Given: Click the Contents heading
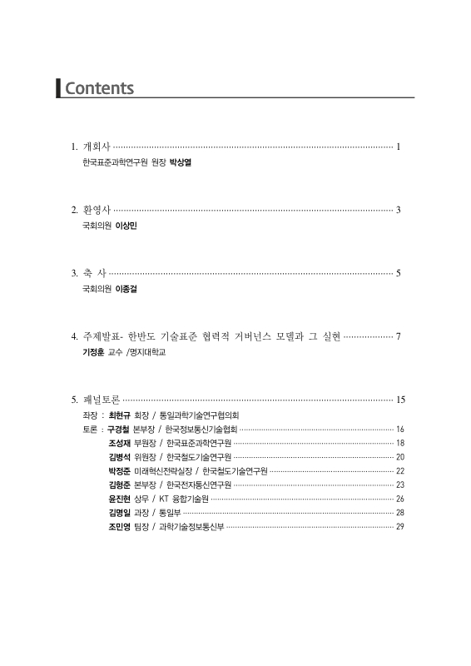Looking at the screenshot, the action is coord(99,87).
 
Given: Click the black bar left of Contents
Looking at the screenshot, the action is coord(58,87).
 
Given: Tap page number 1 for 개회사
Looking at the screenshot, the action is coord(399,147).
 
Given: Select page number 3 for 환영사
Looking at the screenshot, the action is coord(399,209).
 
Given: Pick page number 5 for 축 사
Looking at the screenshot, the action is coord(399,272).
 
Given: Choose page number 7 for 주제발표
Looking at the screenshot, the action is coord(399,336).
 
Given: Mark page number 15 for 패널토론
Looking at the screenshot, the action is coord(400,400).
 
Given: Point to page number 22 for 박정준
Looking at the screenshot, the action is coord(400,471).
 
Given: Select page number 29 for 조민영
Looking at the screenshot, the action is coord(400,527).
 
